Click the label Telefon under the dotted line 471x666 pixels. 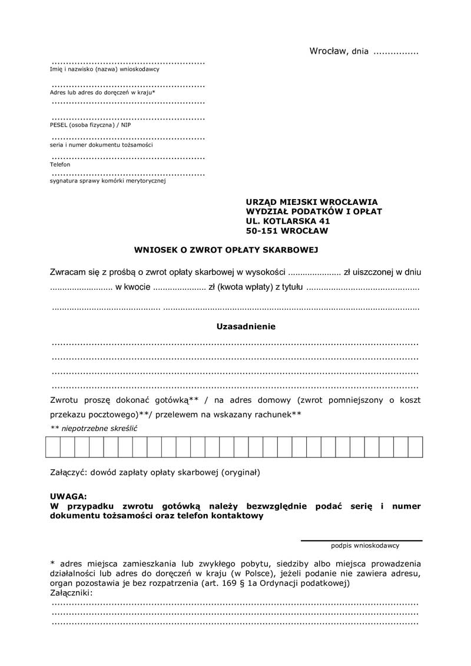pos(60,165)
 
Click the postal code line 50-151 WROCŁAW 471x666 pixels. pos(287,231)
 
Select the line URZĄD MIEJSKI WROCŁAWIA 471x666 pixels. pos(312,201)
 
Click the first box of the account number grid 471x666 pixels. pos(52,448)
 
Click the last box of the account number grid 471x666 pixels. pos(416,448)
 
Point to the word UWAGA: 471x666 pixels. pos(68,496)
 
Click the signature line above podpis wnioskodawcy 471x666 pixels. pos(361,540)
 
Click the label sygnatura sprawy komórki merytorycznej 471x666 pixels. pos(108,181)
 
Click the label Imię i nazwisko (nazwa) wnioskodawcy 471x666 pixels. pos(104,69)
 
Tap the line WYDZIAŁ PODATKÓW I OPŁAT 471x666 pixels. pos(314,211)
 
